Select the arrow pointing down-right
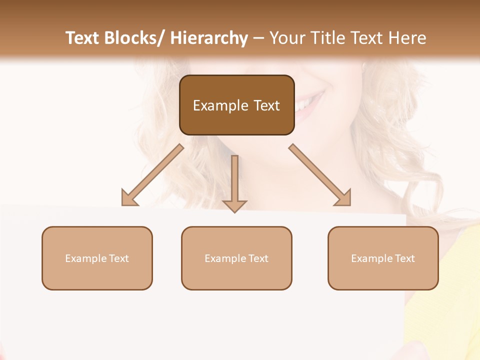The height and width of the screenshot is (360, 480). [x=320, y=175]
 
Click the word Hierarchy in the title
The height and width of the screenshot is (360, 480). [x=209, y=38]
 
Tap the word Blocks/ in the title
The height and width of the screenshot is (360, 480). [x=134, y=38]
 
